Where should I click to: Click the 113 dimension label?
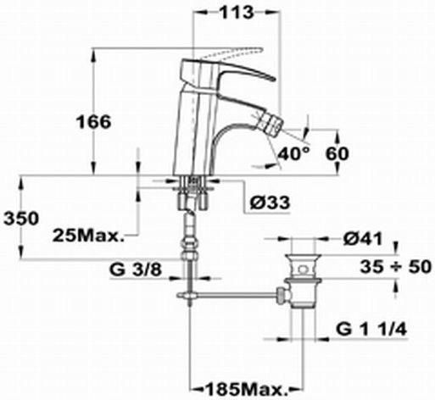(237, 13)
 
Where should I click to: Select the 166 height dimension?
(94, 122)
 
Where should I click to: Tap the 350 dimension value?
(21, 218)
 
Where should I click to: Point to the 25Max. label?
(88, 235)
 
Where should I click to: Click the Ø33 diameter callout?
(270, 203)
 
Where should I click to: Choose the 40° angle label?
(294, 153)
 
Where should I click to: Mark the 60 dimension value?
(337, 153)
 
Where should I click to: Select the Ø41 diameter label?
(363, 239)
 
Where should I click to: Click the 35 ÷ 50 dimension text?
(396, 266)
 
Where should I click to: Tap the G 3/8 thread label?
(136, 269)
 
